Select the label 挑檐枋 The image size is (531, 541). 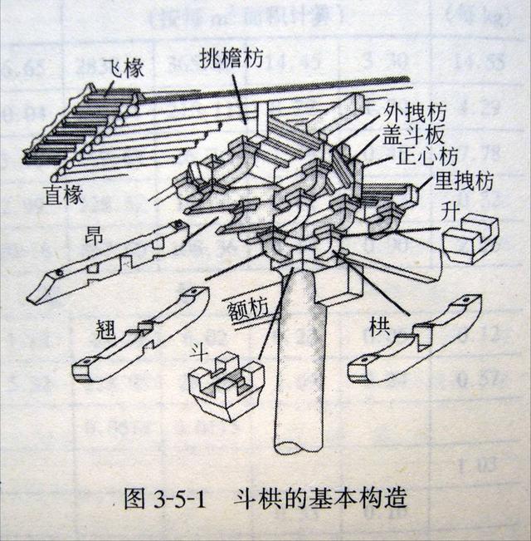click(231, 57)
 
